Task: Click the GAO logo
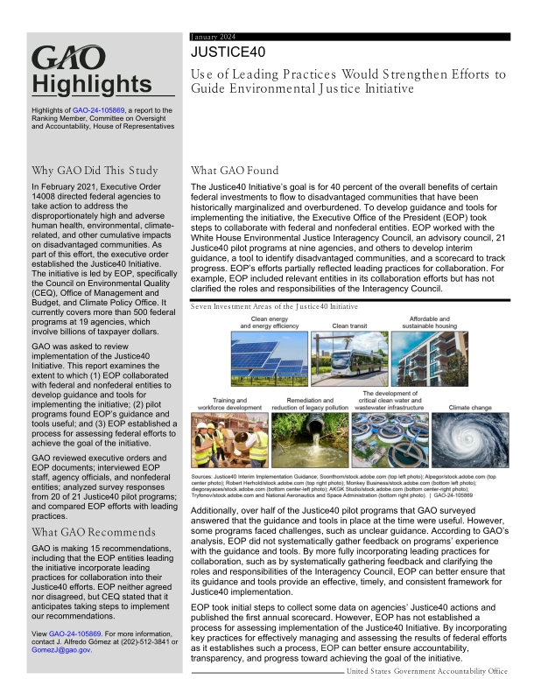(68, 59)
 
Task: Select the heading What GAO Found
(234, 171)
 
